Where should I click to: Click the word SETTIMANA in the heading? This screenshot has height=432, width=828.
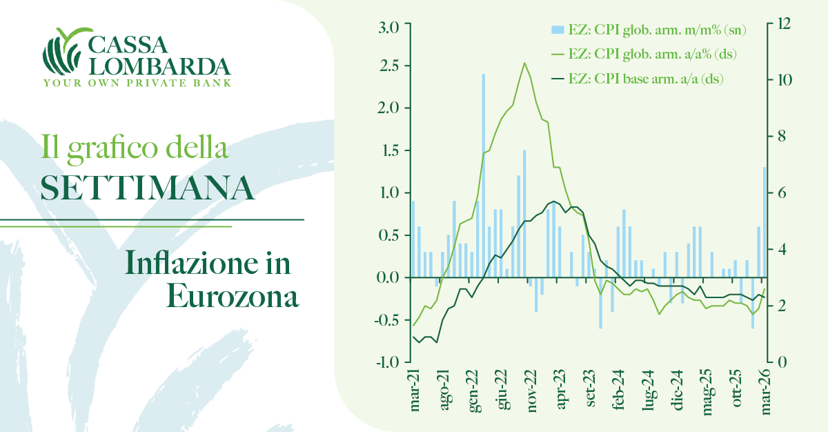pyautogui.click(x=148, y=187)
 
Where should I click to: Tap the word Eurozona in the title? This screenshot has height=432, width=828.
pyautogui.click(x=233, y=297)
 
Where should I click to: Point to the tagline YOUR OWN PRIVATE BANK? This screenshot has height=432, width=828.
pyautogui.click(x=137, y=83)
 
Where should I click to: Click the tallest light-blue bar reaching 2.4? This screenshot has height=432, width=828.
pyautogui.click(x=483, y=173)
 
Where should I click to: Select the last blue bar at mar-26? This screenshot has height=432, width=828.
pyautogui.click(x=765, y=221)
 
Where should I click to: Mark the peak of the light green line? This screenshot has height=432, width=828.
pyautogui.click(x=524, y=63)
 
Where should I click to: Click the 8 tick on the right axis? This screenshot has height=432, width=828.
pyautogui.click(x=780, y=136)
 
